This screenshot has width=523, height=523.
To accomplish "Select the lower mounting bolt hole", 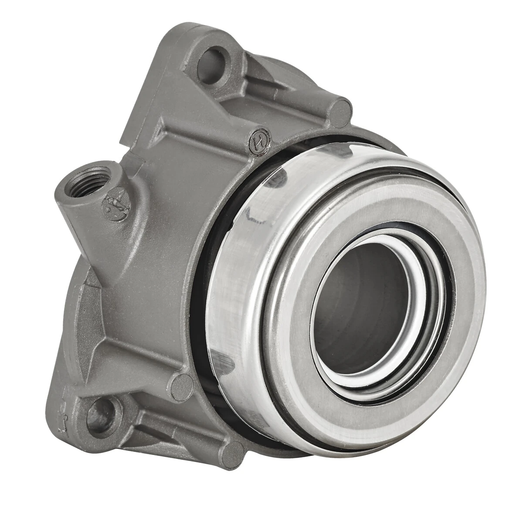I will (105, 413).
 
